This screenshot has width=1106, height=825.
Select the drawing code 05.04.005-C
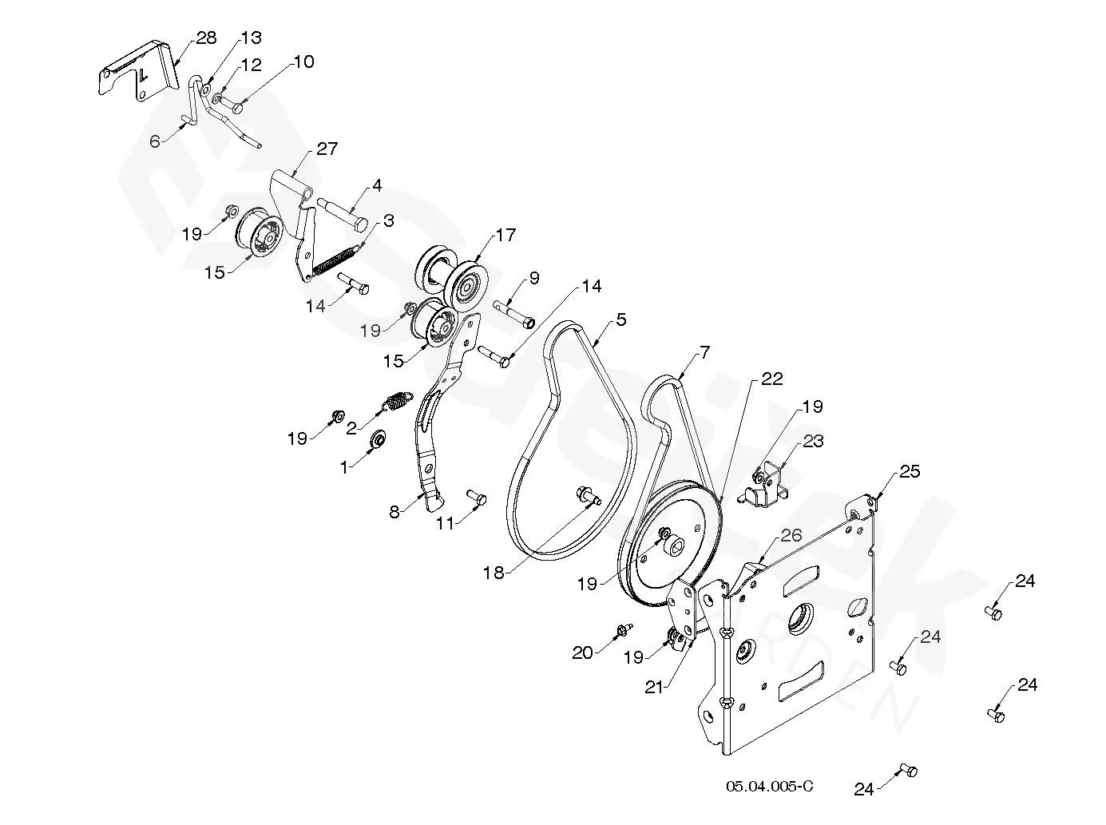click(769, 786)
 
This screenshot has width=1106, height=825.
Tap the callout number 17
click(505, 236)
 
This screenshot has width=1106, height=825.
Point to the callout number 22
click(772, 378)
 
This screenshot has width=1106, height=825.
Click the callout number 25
click(910, 471)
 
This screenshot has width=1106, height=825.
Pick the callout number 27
click(327, 149)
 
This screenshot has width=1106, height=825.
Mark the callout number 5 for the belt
click(621, 319)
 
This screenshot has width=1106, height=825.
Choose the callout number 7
click(704, 351)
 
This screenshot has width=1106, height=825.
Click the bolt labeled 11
click(477, 497)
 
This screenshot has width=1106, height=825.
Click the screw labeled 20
click(624, 631)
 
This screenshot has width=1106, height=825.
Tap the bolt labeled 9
click(514, 314)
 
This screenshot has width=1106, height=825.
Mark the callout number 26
click(791, 535)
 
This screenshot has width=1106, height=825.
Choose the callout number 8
click(394, 512)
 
